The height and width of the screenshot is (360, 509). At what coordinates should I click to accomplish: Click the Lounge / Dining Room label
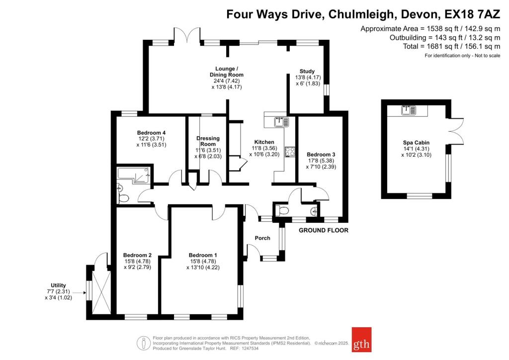226,72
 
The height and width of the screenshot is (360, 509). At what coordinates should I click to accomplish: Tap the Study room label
307,71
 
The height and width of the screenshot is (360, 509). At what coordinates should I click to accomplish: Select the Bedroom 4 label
151,133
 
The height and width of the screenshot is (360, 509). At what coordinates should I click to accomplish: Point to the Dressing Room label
208,141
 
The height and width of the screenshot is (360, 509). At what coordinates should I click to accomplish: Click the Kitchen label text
264,142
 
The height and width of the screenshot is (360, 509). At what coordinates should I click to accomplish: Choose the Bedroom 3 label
321,155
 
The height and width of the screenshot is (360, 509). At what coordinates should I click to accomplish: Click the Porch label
262,238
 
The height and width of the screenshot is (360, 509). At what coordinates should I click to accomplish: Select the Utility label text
58,285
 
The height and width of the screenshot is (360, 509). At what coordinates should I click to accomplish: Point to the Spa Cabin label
416,143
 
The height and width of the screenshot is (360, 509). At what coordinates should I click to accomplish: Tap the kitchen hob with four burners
289,152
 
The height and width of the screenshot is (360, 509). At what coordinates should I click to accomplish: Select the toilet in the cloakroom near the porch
283,211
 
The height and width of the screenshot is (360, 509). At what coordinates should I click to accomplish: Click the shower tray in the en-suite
141,176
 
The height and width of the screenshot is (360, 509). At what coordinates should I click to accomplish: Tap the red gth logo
361,340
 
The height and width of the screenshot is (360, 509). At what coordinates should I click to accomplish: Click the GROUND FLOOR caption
323,230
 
